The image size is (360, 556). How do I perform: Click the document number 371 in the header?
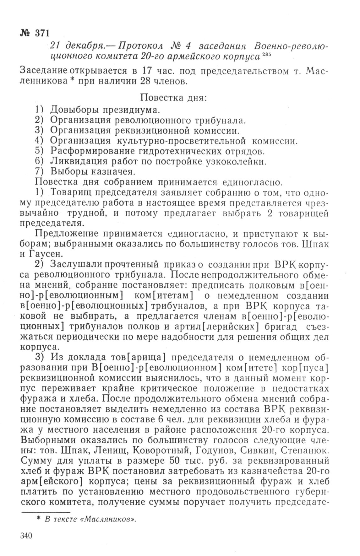tap(41, 33)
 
